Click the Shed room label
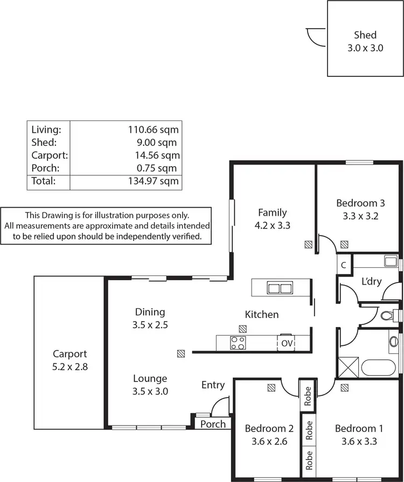tap(365, 36)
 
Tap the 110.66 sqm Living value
tap(153, 130)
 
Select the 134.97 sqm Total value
tap(153, 181)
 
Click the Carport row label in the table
tap(50, 155)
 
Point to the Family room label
tap(272, 212)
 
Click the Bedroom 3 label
tap(360, 203)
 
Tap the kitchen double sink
tap(280, 288)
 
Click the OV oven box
tap(287, 343)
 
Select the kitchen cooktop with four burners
tap(238, 343)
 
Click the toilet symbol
tap(387, 315)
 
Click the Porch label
tap(213, 424)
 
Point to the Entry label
tap(213, 385)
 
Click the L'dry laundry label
tap(372, 281)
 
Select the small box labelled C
tap(344, 265)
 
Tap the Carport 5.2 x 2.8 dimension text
tap(69, 367)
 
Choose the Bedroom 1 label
tap(359, 429)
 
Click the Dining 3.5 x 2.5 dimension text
tap(150, 325)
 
